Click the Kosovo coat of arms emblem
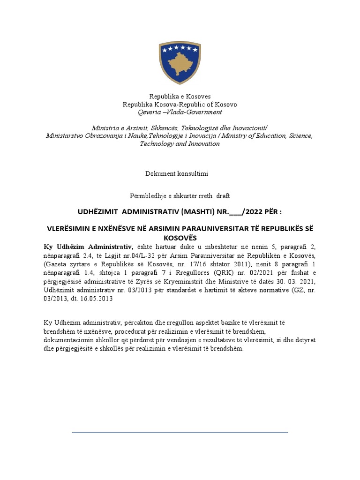pos(180,62)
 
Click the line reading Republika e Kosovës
pos(180,96)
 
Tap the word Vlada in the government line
pos(173,112)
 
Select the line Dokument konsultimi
pos(177,173)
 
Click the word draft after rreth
pos(223,195)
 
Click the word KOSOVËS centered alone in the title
pos(180,238)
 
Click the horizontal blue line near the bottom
pos(180,432)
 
